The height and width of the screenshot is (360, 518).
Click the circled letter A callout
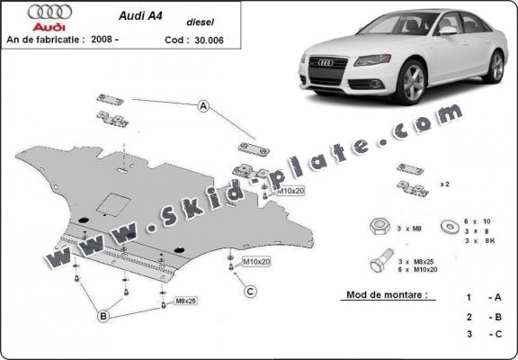coord(204,108)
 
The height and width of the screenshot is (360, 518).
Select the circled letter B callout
coord(104,315)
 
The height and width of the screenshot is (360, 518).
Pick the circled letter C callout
coord(251,290)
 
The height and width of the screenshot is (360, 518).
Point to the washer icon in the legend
coord(448,224)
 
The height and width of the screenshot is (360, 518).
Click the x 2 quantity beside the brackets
coord(443,183)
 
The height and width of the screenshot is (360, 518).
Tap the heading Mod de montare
coord(385,294)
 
